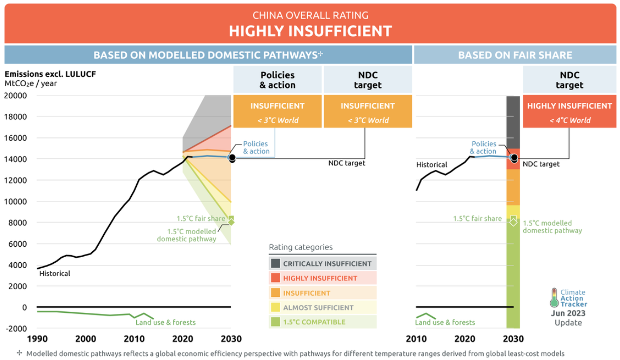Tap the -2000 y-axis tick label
point(16,328)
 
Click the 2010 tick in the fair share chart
point(416,338)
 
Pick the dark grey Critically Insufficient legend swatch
point(275,263)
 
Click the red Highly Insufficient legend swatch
point(275,278)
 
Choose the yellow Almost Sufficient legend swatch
point(275,307)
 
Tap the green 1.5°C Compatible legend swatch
point(275,322)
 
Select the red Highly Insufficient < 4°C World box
point(569,111)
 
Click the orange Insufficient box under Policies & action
point(277,111)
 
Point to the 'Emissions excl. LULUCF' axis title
point(50,74)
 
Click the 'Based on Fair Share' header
point(515,55)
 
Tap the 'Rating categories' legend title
point(301,247)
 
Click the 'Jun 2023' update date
point(568,313)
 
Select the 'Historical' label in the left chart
point(55,273)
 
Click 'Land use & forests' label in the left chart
point(165,322)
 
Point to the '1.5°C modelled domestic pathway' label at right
point(552,227)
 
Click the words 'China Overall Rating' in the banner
point(310,16)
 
